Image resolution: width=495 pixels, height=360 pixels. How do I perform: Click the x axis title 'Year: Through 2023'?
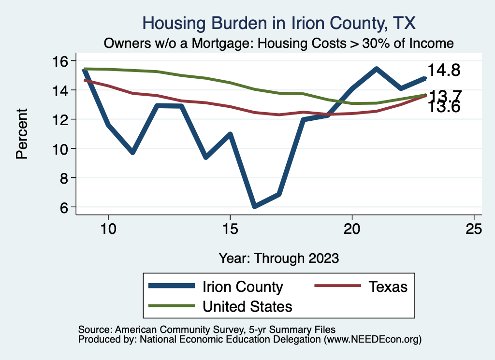[x=279, y=258]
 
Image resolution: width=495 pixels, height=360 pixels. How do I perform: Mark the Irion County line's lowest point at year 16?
[x=254, y=206]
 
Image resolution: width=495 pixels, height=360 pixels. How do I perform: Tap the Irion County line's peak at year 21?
[x=376, y=69]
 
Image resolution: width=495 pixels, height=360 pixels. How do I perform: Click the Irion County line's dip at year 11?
[x=132, y=152]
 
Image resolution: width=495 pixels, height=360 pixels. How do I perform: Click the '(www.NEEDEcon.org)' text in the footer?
[x=373, y=340]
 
